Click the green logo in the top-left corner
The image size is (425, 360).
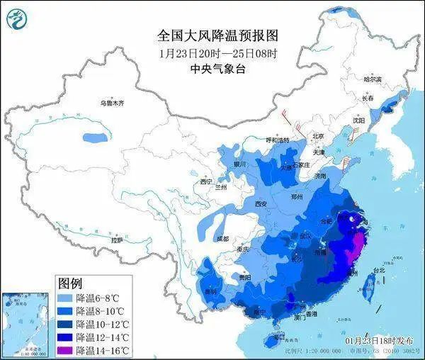pos(16,18)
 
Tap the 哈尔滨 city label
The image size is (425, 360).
pos(373,79)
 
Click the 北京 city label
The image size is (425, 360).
pos(318,136)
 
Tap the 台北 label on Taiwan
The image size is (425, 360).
pos(379,270)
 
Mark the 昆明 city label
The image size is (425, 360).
pos(210,291)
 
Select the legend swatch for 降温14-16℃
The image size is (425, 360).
pos(66,350)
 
